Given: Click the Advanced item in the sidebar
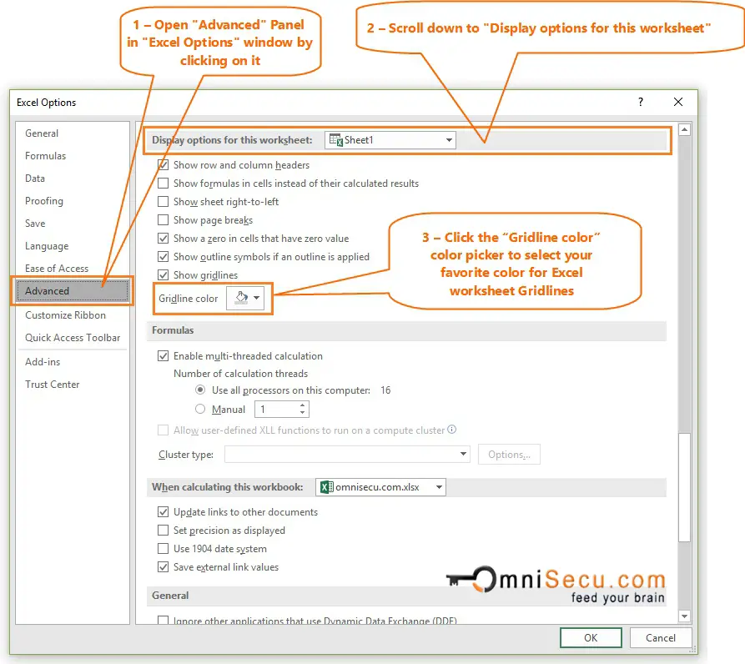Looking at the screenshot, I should (x=48, y=291).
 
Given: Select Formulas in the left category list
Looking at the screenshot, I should (x=46, y=156).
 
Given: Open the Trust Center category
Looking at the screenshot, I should (x=53, y=385).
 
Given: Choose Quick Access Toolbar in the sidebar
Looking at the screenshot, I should (x=73, y=338).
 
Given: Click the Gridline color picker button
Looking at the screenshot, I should (x=245, y=299).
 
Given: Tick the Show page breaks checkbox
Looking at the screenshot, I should (x=164, y=220).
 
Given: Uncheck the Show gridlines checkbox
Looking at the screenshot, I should (x=164, y=275).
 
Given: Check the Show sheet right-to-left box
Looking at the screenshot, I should (x=164, y=202).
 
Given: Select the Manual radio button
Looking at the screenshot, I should (x=200, y=410).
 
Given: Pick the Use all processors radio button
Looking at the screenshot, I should (x=200, y=390).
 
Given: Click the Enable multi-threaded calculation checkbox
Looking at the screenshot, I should (x=164, y=356).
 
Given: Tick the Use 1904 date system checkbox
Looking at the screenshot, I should (x=164, y=549).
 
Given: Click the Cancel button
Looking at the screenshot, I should (x=660, y=638).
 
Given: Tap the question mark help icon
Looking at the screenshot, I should (x=641, y=103).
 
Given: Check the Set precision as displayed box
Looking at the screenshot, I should (x=164, y=531).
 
